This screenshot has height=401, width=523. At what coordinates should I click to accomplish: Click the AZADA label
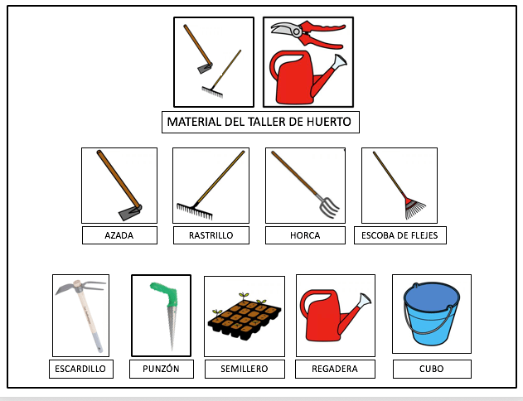(119, 235)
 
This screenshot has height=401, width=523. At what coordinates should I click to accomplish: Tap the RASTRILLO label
(211, 235)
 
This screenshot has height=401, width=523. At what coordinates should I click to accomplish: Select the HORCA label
(305, 235)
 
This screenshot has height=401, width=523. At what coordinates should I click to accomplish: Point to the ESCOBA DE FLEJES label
(400, 235)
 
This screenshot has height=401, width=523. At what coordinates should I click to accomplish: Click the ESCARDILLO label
(80, 369)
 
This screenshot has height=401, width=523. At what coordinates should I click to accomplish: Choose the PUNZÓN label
(161, 369)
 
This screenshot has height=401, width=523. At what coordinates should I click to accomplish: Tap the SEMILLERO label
(245, 369)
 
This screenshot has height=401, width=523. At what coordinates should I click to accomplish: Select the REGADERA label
(335, 369)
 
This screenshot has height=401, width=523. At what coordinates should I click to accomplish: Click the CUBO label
(432, 369)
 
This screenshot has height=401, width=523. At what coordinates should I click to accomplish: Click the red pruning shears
(308, 33)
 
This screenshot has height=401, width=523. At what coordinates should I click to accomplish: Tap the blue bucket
(431, 314)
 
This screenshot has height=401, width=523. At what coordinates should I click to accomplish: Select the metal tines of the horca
(328, 206)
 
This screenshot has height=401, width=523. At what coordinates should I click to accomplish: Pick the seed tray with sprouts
(245, 317)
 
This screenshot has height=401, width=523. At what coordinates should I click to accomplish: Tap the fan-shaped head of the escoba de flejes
(414, 208)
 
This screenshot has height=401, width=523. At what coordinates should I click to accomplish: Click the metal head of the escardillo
(80, 287)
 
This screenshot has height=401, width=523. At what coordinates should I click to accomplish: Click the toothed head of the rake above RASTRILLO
(194, 211)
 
